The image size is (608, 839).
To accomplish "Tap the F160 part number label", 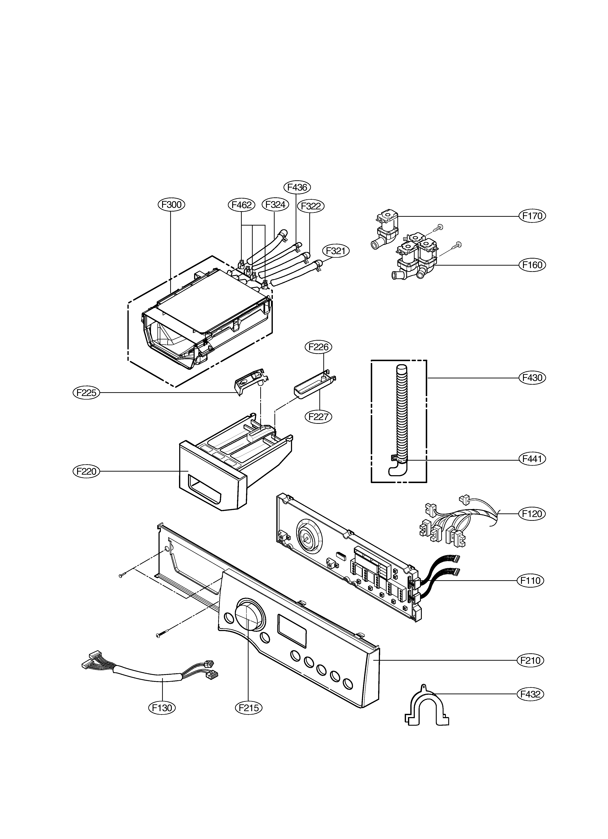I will [532, 265].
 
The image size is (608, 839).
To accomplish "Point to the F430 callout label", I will [532, 378].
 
